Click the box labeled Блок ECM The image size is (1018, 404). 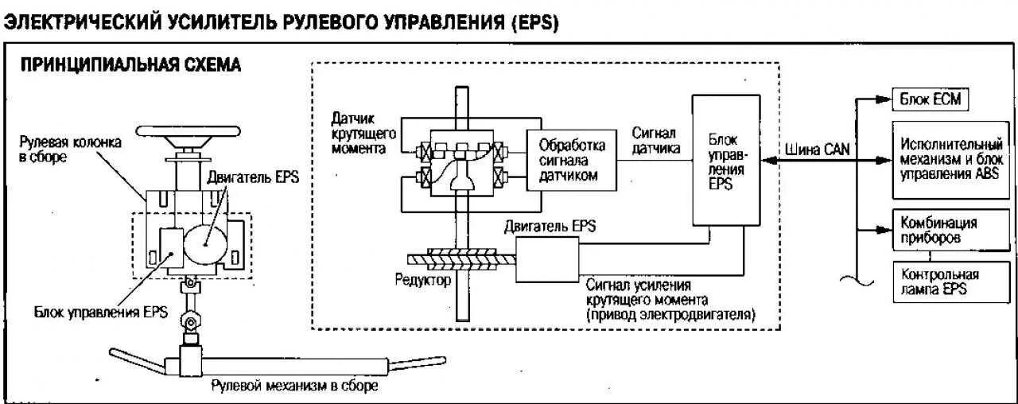coord(927,101)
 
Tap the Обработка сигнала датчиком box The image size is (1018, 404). coord(572,161)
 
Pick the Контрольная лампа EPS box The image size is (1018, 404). coord(939,282)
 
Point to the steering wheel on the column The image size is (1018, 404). coord(178,134)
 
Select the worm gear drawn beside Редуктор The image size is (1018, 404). coord(461,258)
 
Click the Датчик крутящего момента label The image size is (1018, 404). coord(359,133)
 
